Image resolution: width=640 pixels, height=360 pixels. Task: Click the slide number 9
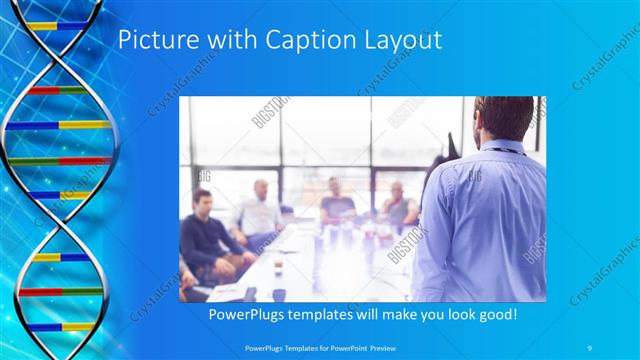pos(591,348)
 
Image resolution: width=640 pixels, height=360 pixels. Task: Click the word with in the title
pos(229,41)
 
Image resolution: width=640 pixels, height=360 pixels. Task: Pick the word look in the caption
pos(460,314)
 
